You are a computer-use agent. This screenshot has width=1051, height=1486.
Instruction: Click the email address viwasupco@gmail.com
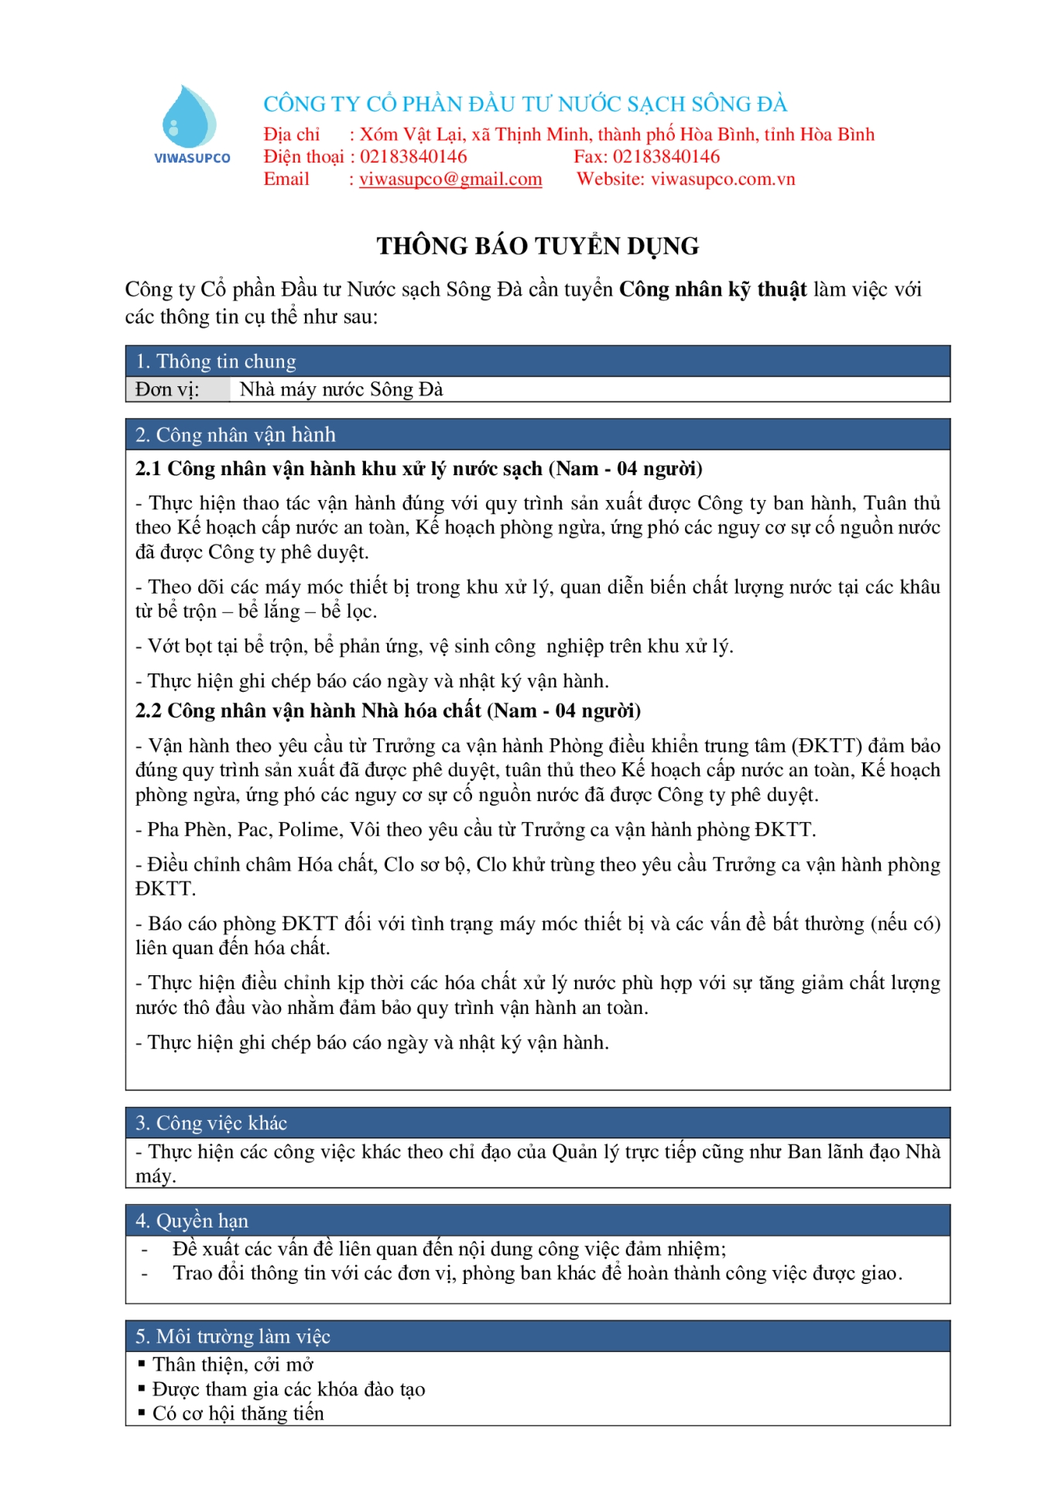tap(450, 180)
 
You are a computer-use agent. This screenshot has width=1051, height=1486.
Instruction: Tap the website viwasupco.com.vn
tap(723, 180)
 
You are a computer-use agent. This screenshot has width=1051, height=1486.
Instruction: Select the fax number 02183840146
tap(666, 157)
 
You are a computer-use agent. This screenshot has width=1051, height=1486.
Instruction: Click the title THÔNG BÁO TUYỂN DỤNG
tap(537, 246)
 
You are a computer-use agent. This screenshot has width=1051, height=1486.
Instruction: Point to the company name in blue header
tap(525, 104)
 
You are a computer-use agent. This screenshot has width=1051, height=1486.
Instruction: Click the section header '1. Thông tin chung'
tap(216, 361)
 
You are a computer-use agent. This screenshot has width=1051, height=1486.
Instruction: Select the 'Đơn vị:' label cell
tap(168, 389)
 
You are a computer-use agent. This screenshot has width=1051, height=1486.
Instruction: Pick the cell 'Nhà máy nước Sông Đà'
tap(341, 389)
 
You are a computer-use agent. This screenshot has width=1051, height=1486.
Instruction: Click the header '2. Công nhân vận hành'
tap(236, 435)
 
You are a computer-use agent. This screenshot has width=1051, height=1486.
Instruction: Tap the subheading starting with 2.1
tap(419, 469)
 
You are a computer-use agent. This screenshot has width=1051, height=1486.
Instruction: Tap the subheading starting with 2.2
tap(388, 710)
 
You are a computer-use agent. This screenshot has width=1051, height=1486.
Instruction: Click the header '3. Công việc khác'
tap(211, 1123)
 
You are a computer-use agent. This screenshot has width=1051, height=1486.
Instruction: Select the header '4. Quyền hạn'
tap(192, 1221)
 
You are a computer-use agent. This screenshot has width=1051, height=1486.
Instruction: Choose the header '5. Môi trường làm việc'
tap(233, 1337)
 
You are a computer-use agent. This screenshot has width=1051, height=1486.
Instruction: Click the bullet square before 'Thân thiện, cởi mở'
tap(142, 1364)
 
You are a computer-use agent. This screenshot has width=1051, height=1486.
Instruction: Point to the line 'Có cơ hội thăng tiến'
tap(238, 1413)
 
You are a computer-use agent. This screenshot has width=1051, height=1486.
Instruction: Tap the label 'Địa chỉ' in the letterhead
tap(291, 135)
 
